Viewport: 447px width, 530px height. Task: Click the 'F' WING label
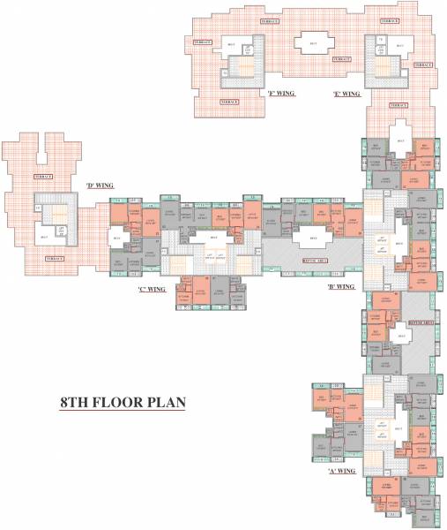click(x=281, y=92)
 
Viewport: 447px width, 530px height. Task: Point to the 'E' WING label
click(x=346, y=93)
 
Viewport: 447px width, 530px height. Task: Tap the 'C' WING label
click(x=152, y=288)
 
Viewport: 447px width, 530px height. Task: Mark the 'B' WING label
click(x=340, y=286)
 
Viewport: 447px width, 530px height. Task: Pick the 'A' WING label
click(x=341, y=471)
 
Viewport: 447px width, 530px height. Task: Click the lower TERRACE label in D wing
click(x=55, y=257)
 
